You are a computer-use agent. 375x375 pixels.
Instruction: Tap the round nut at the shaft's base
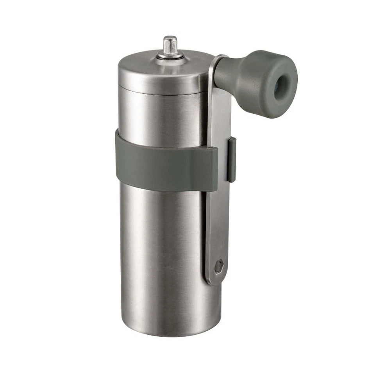[170, 56]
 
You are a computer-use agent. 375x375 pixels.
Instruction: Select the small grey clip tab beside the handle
[232, 159]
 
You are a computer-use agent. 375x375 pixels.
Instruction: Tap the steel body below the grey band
[164, 254]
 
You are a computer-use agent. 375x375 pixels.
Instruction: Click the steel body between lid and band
[164, 117]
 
